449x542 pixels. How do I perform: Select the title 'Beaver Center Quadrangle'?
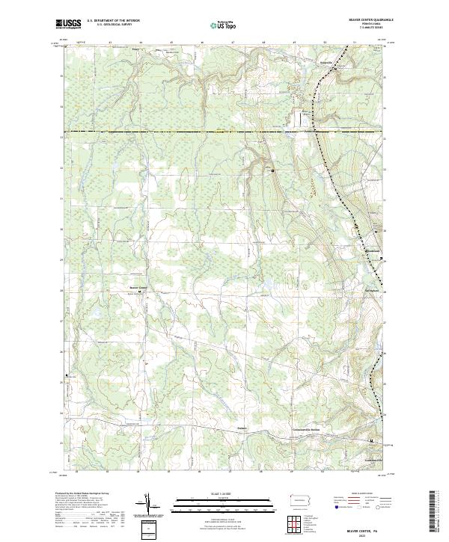point(366,20)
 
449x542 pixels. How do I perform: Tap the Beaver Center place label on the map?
point(140,287)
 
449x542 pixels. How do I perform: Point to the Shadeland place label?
point(373,250)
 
